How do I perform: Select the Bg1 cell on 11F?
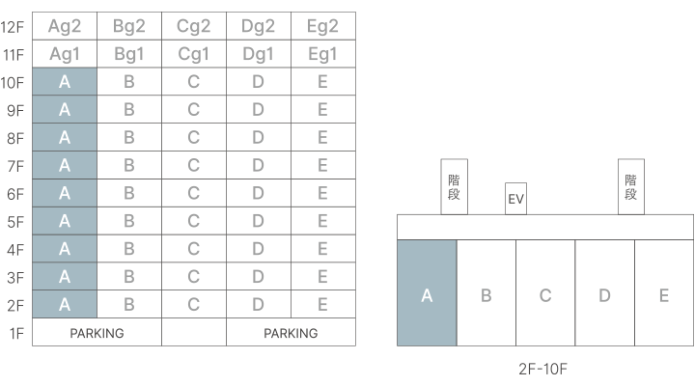128,55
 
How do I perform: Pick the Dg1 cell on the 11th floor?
258,55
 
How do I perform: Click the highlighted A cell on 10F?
64,83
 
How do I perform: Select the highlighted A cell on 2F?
64,305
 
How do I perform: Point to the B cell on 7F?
128,166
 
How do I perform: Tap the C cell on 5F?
193,222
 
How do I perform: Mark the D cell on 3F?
258,278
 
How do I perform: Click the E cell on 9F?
322,110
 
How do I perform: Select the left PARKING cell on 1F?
97,333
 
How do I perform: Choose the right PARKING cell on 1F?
291,333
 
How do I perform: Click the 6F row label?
15,194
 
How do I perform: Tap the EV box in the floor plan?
515,199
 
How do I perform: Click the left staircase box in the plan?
454,186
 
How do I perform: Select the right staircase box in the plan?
631,186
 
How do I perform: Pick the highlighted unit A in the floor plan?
427,293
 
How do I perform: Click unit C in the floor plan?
545,293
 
